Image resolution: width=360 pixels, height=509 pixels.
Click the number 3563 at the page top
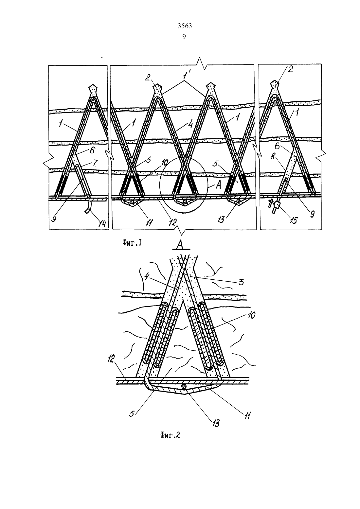click(185, 26)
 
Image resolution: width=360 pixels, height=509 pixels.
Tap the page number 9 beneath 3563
click(184, 37)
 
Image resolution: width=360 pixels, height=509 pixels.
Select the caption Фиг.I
click(132, 243)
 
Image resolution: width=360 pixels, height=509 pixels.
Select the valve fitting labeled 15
click(276, 205)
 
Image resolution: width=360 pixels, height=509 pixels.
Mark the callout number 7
click(95, 163)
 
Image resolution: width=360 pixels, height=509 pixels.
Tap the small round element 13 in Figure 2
click(184, 386)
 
